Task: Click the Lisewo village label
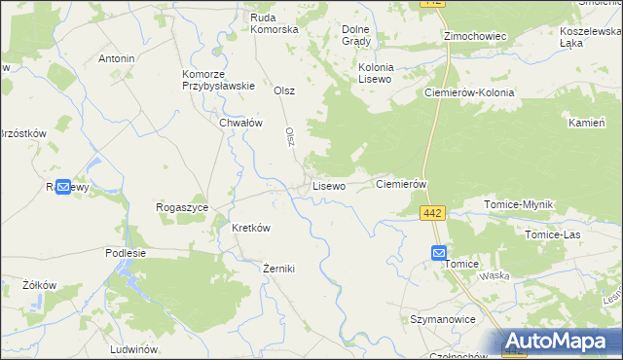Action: (x=328, y=185)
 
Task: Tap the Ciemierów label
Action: (x=402, y=184)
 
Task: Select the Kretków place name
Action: (x=250, y=228)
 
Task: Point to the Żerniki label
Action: (x=278, y=269)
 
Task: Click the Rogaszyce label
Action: (x=182, y=207)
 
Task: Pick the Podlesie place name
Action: (x=125, y=252)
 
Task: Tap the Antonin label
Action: (x=116, y=58)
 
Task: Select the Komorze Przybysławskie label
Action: (x=218, y=80)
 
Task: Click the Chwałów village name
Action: (x=241, y=123)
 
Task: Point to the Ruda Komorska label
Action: (x=274, y=23)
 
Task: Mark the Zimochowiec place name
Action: (x=475, y=36)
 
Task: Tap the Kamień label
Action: (x=587, y=125)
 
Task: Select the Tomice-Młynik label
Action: (x=519, y=204)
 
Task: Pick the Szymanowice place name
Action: (x=442, y=319)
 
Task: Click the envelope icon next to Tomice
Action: (x=438, y=253)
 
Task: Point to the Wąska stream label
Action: (x=495, y=275)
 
